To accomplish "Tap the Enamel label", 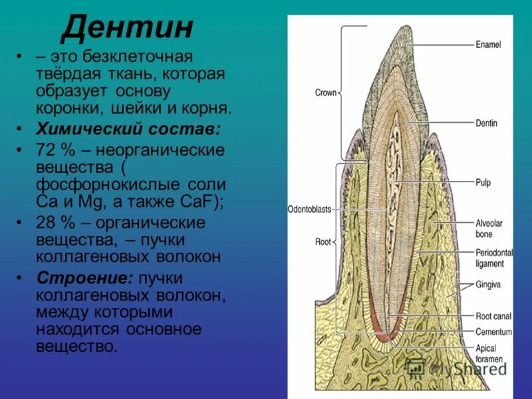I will (x=488, y=45).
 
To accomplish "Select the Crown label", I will (x=326, y=93).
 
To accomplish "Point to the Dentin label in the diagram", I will (x=486, y=123).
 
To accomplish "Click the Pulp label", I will (x=483, y=182).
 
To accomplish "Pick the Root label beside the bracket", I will (x=323, y=242).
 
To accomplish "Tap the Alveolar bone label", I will (x=488, y=229).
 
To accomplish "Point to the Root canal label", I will (x=493, y=317).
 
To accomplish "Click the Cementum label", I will (x=493, y=331).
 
